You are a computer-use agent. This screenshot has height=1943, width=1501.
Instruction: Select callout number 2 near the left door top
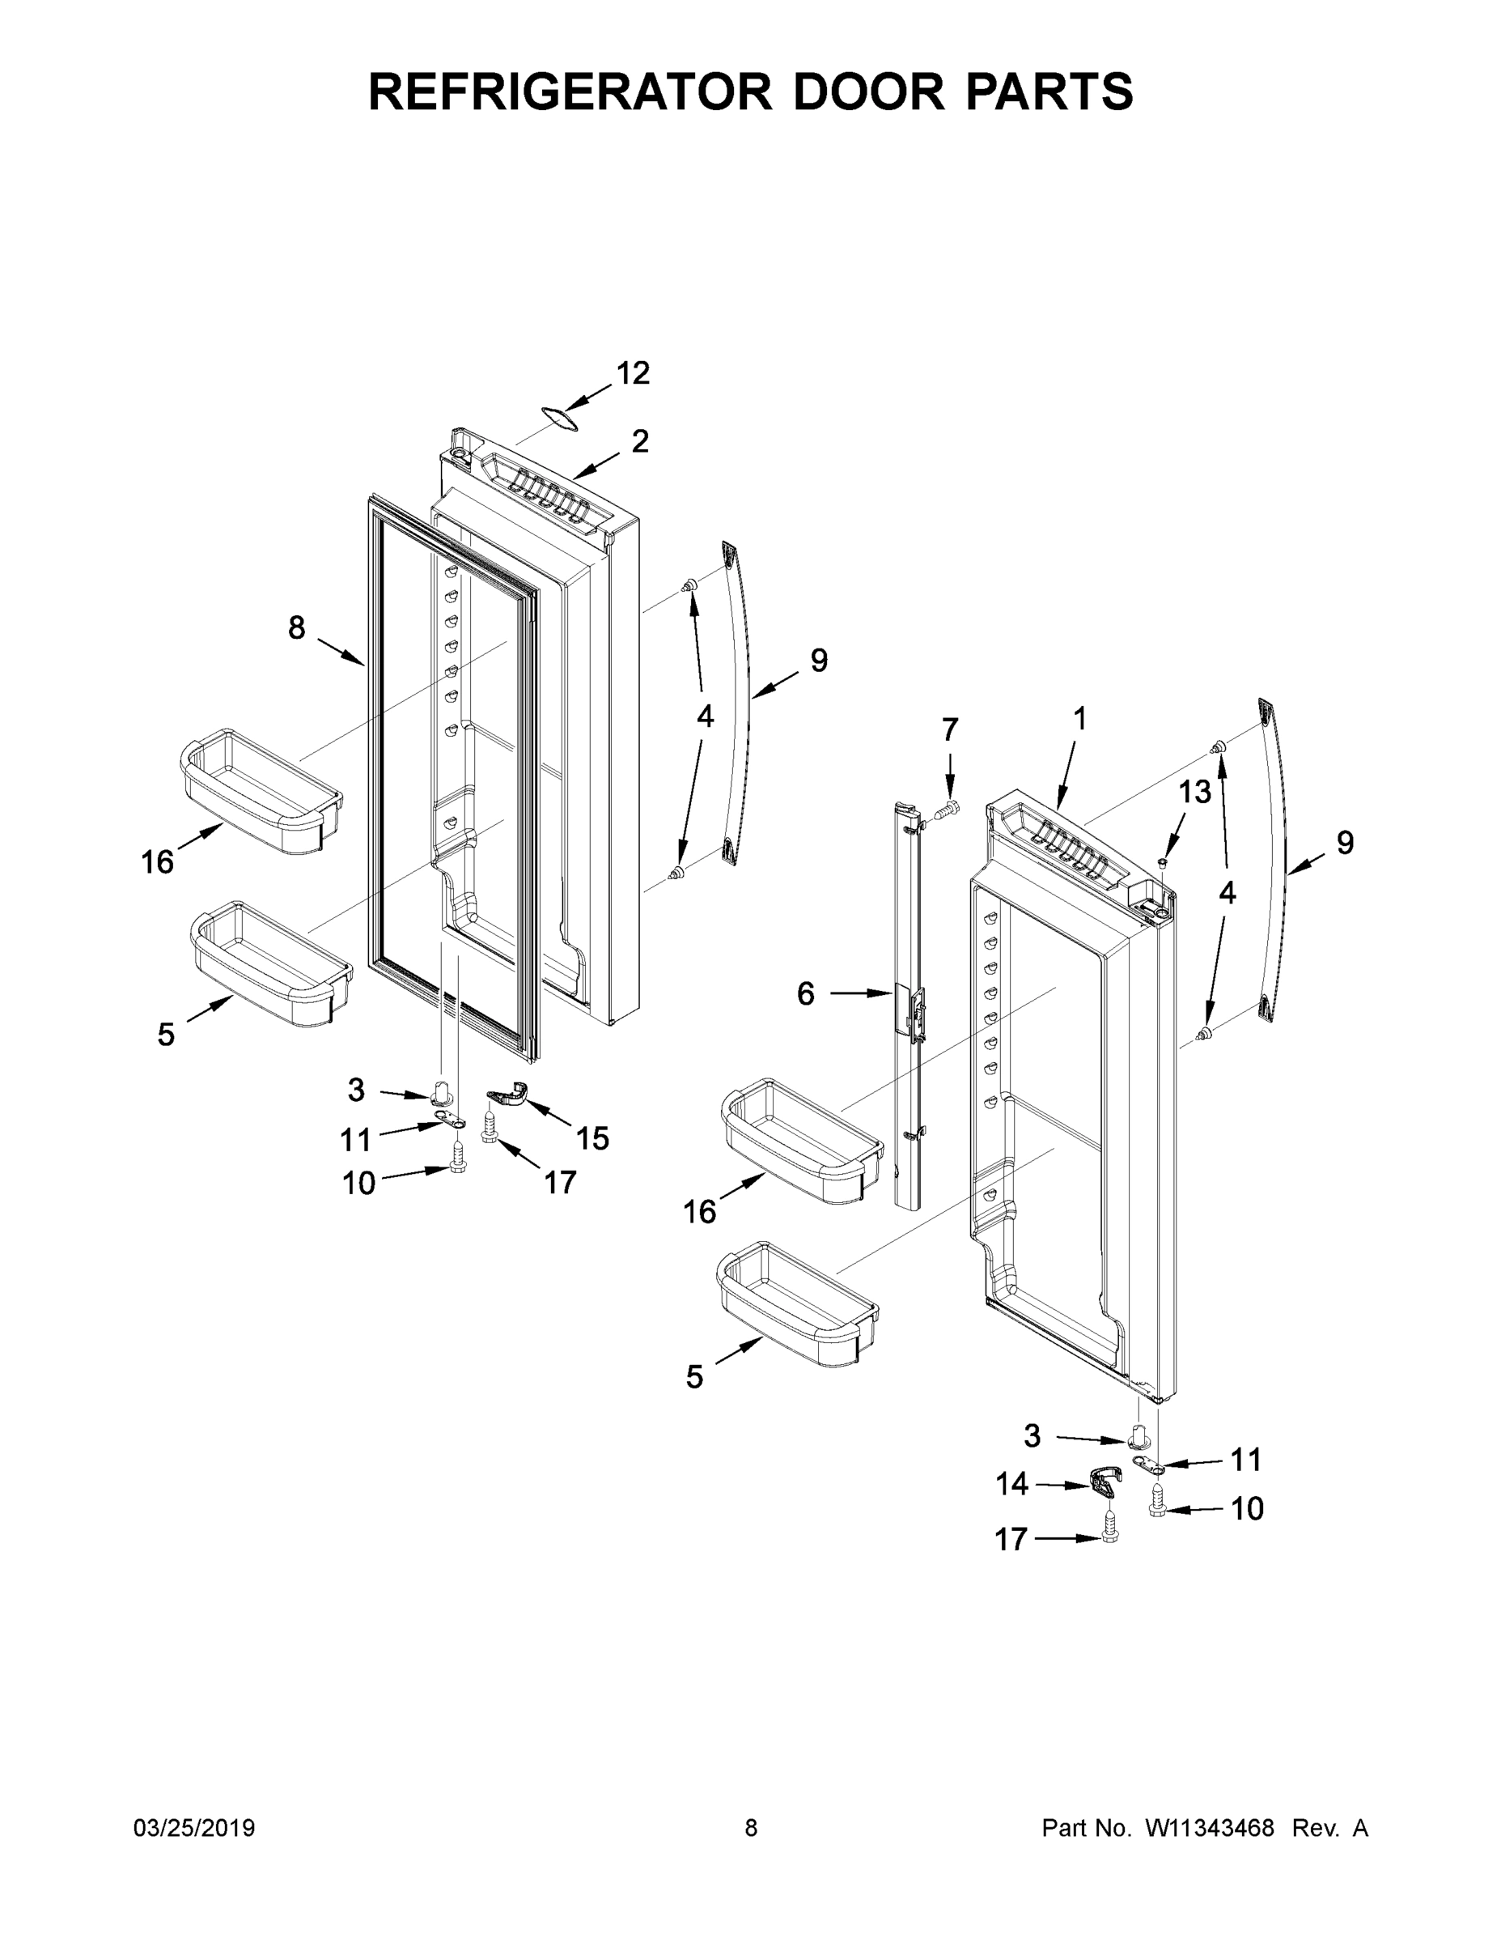[640, 441]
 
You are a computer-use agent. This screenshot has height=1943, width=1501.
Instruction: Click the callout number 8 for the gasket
[296, 628]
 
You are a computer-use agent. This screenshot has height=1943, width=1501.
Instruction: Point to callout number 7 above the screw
[950, 730]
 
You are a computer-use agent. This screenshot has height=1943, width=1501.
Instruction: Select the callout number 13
[1195, 792]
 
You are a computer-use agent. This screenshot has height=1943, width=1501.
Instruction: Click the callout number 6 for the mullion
[806, 993]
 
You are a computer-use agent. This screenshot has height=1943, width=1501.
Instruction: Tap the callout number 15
[592, 1137]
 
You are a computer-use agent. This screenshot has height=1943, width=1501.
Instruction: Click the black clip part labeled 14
[1104, 1481]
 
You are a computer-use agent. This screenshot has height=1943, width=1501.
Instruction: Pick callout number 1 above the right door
[1079, 718]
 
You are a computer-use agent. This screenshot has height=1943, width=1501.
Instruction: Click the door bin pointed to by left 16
[261, 791]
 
